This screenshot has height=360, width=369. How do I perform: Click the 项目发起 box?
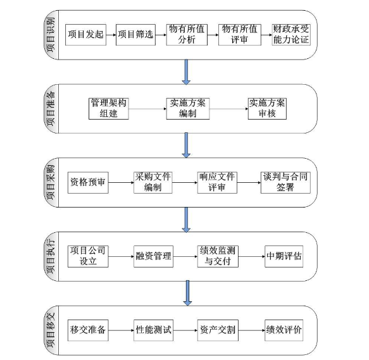coord(85,35)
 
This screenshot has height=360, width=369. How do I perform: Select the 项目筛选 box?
coord(135,35)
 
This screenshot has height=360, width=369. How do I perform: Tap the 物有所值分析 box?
coord(187,35)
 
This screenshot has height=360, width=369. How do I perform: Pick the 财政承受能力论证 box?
coord(291,35)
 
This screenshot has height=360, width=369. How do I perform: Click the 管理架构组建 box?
coord(108,109)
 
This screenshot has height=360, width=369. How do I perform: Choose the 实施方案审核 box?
coord(267,109)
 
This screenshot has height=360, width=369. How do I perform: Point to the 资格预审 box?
coord(88,183)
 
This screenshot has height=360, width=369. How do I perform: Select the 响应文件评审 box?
coord(217,183)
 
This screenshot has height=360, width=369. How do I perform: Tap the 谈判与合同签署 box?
coord(285,183)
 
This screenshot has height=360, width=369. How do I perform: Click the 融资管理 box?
coord(153,256)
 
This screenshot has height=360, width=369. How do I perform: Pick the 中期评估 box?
coord(284,256)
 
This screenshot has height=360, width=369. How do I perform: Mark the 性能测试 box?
coord(153,330)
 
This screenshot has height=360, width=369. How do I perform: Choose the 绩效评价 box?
coord(284,330)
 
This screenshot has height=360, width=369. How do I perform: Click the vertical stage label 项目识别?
coord(51,35)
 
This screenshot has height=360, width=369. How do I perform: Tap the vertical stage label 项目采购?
coord(51,183)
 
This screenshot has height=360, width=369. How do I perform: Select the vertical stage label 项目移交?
coord(51,330)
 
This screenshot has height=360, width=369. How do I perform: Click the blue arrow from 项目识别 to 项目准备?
coord(186,71)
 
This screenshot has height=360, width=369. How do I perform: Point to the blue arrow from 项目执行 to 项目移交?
coord(187,293)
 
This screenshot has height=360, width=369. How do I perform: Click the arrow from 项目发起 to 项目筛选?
coord(111,35)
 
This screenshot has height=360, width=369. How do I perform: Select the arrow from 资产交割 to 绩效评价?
coord(251,330)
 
